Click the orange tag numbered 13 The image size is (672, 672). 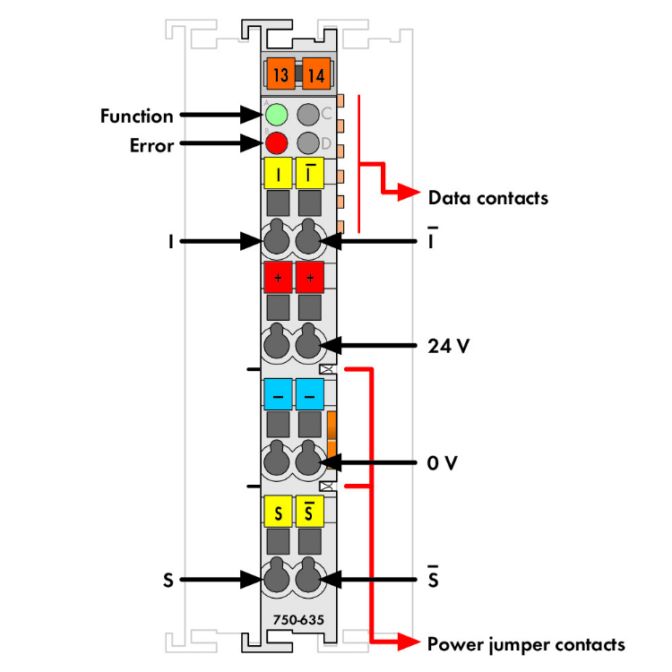tap(280, 75)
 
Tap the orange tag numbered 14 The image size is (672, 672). tap(315, 75)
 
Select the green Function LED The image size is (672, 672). tap(276, 115)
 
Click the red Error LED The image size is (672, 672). tap(276, 142)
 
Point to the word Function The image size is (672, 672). tap(136, 116)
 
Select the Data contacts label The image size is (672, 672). tap(487, 197)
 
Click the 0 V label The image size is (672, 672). tap(444, 464)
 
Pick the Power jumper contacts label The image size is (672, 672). tap(526, 643)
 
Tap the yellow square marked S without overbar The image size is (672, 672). tap(278, 513)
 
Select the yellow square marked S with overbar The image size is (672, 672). tap(310, 513)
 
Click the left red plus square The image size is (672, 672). tap(278, 279)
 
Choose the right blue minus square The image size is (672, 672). tap(310, 394)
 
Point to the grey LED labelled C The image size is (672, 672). tap(309, 115)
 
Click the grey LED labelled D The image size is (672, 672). tap(309, 142)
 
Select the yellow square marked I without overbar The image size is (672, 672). tap(278, 174)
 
